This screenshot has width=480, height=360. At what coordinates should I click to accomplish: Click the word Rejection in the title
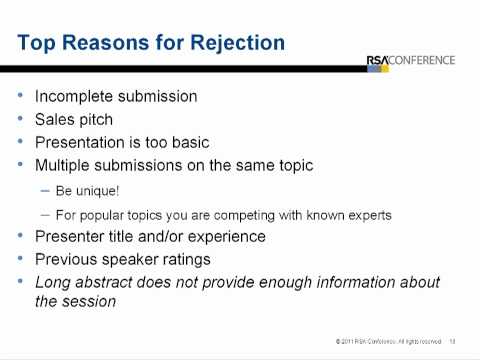(x=239, y=43)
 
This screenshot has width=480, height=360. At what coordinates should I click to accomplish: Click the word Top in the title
(x=38, y=43)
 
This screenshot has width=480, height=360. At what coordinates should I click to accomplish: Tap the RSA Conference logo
(x=410, y=60)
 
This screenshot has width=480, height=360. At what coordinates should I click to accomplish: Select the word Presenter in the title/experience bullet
(x=72, y=237)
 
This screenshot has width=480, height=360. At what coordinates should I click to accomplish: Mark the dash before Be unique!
(x=44, y=189)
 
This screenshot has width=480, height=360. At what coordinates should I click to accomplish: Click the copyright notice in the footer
(x=391, y=342)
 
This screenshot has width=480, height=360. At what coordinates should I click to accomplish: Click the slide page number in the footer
(x=452, y=342)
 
